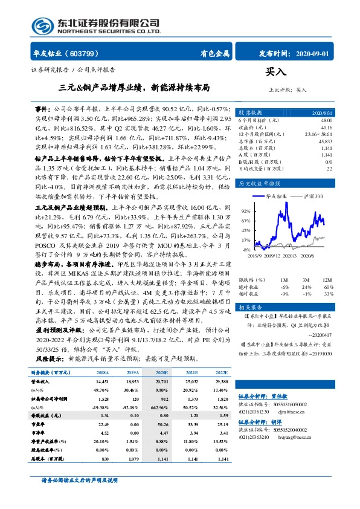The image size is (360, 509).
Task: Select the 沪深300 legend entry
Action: (x=318, y=197)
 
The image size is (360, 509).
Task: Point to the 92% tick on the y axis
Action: (x=246, y=211)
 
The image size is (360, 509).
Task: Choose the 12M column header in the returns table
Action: (x=327, y=280)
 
